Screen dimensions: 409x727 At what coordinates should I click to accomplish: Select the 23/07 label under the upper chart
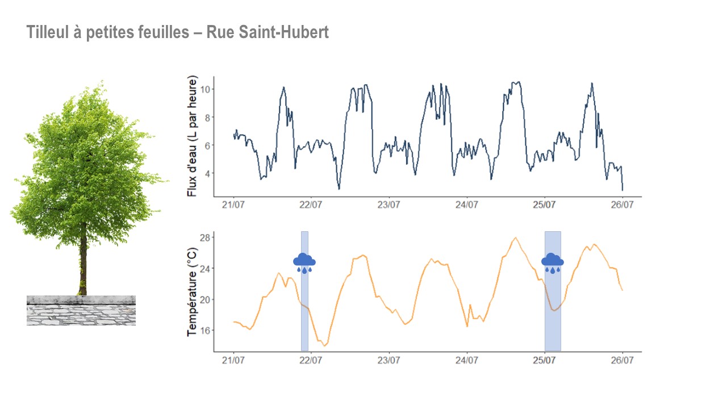388,205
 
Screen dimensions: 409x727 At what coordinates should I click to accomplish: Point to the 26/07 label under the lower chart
622,360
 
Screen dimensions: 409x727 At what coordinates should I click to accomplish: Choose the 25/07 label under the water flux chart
544,205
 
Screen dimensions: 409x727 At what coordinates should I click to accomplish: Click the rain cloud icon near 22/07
304,261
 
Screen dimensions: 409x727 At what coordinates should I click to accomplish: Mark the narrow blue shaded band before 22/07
304,318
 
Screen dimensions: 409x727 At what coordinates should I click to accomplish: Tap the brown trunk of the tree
83,267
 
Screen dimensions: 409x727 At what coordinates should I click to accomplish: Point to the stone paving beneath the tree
81,314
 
